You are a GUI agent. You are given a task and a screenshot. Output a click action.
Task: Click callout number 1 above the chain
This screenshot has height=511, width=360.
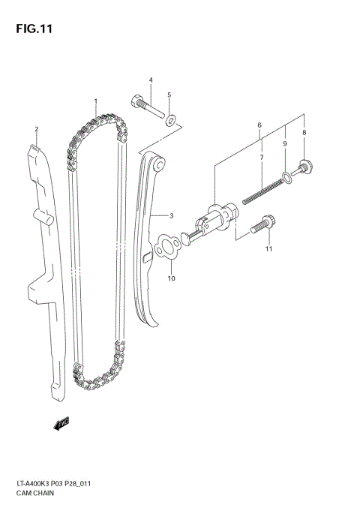(x=95, y=101)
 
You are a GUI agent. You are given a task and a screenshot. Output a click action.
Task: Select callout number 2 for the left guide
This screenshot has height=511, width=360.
(x=35, y=129)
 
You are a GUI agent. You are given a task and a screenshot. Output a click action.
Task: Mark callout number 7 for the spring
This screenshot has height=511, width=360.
(x=304, y=132)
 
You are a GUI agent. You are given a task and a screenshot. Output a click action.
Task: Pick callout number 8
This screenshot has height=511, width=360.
(x=285, y=143)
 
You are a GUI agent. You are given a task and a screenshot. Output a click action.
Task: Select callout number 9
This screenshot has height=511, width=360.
(x=171, y=278)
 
